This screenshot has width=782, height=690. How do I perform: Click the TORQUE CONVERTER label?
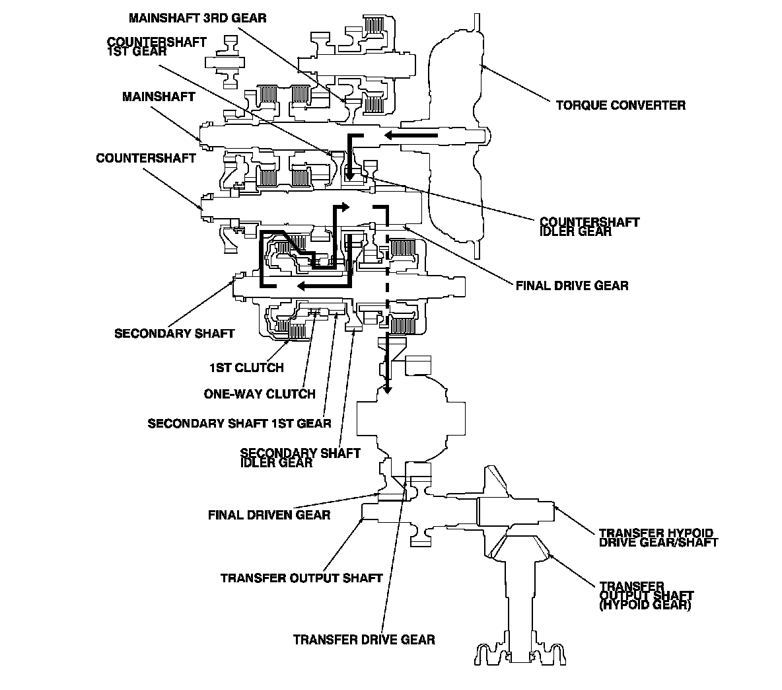[620, 105]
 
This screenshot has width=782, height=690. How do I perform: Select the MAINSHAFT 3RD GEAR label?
[197, 18]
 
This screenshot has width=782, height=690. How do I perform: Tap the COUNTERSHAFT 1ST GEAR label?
[157, 46]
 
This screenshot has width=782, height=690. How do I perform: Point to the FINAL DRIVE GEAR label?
[572, 286]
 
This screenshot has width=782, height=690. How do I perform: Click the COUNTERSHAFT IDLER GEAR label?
[590, 227]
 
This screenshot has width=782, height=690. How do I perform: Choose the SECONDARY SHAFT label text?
[174, 333]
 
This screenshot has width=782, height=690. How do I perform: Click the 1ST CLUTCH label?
[246, 367]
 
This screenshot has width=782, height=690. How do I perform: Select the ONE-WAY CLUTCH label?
[260, 394]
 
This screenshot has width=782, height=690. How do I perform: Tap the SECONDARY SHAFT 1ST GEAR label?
[239, 424]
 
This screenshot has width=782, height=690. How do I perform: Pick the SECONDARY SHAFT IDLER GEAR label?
[301, 457]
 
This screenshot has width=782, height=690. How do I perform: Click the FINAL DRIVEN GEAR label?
[269, 515]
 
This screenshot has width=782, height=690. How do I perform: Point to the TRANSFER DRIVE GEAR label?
[364, 640]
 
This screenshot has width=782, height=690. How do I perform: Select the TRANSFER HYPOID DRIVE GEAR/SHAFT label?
[658, 538]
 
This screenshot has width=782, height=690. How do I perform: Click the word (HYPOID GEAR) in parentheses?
[645, 605]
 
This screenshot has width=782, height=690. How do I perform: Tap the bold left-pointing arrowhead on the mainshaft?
[390, 135]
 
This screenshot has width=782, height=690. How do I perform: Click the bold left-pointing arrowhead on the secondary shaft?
[302, 286]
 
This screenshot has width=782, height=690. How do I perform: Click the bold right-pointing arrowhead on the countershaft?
[344, 207]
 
